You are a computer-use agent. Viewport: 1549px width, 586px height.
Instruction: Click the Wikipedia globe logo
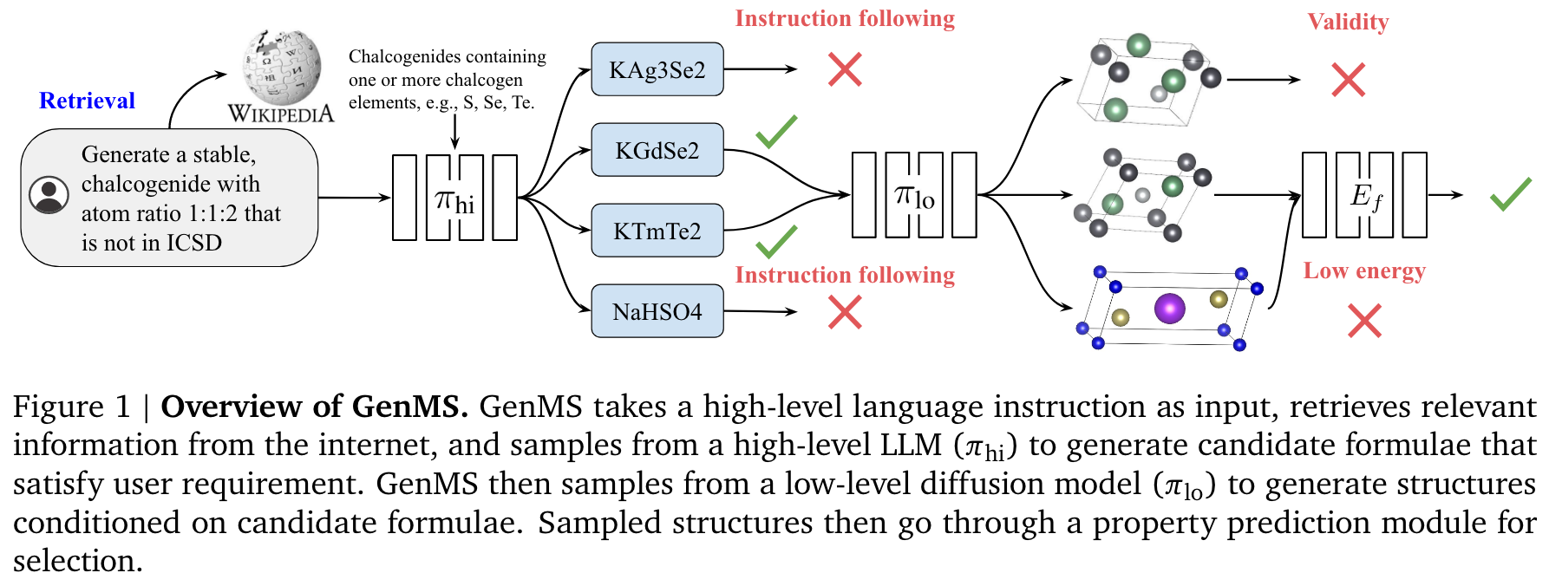click(x=281, y=68)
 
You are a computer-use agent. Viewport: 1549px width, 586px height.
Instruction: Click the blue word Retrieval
click(x=87, y=101)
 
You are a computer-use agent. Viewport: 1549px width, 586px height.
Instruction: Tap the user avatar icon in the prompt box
click(x=49, y=195)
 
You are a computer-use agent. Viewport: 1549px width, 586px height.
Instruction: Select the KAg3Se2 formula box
click(x=657, y=69)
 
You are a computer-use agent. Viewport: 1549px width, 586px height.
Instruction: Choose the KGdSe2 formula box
click(x=657, y=150)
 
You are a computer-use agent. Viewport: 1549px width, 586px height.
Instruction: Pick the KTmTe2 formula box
click(x=657, y=231)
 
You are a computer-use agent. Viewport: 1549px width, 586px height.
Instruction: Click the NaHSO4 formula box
click(x=657, y=311)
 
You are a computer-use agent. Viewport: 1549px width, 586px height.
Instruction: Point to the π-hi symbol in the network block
click(x=454, y=201)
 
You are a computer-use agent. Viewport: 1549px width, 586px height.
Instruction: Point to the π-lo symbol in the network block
click(x=914, y=197)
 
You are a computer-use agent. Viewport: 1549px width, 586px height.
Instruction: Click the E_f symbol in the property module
click(x=1366, y=197)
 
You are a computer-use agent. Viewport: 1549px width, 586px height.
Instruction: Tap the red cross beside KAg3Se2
click(x=844, y=69)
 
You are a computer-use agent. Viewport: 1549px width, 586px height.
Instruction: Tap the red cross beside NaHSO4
click(x=844, y=312)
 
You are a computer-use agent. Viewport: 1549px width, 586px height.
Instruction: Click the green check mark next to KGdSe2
click(x=776, y=131)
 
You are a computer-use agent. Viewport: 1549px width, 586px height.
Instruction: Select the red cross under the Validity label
click(x=1348, y=80)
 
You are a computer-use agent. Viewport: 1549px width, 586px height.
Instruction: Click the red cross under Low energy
click(x=1364, y=321)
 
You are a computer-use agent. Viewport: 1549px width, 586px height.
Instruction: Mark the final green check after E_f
click(x=1510, y=194)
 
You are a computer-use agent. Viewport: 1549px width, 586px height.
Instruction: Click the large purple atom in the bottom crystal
click(x=1169, y=308)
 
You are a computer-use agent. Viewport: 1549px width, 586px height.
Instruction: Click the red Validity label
click(x=1348, y=22)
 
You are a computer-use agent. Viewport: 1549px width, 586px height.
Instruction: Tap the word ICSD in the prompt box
click(x=194, y=243)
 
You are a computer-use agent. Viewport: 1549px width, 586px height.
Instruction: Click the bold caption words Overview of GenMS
click(x=314, y=407)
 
